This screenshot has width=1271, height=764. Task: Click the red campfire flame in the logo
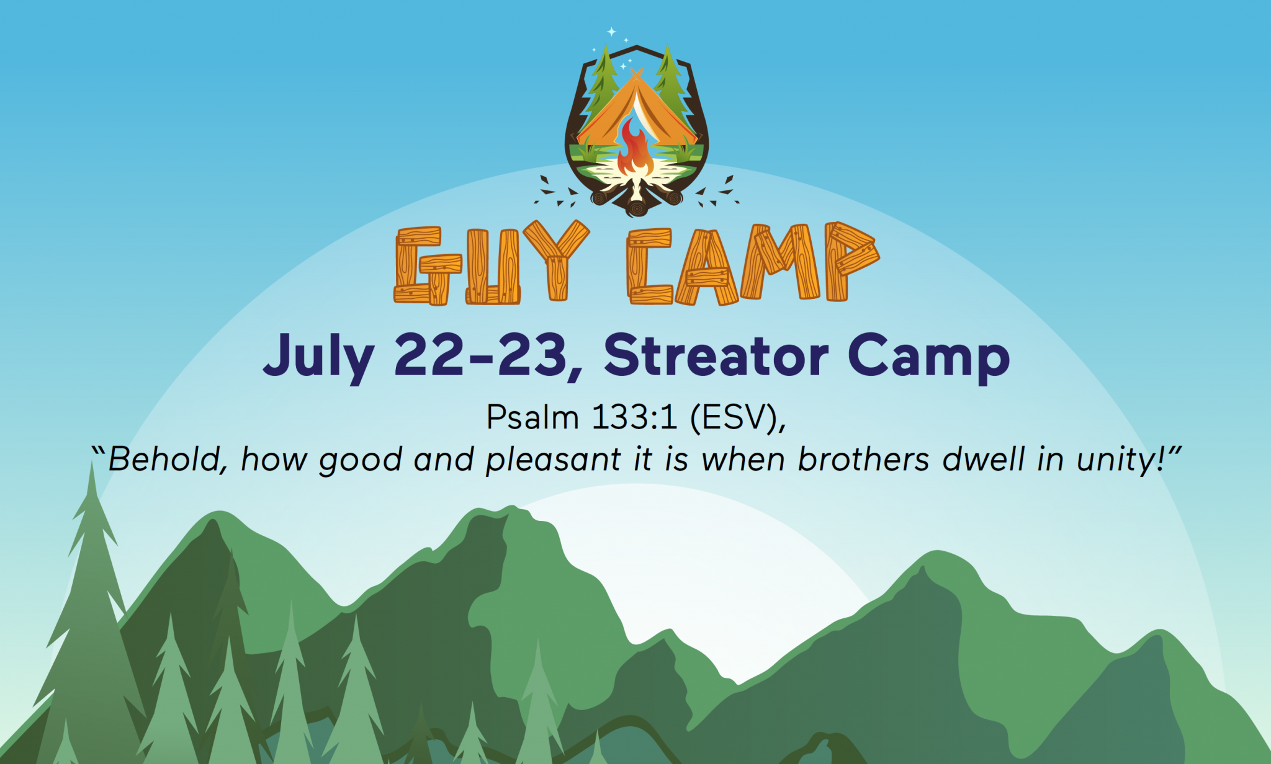point(635,149)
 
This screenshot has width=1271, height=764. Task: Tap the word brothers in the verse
point(863,460)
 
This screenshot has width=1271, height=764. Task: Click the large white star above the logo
point(611,31)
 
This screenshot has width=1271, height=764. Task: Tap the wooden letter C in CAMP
point(649,266)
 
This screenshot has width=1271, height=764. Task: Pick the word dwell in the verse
point(983,460)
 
